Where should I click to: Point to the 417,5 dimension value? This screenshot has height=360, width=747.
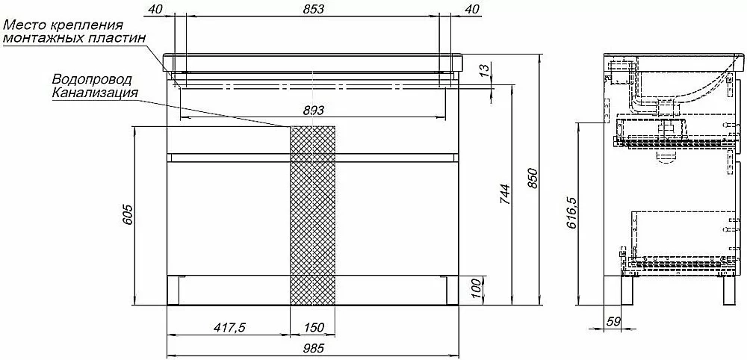click(x=229, y=328)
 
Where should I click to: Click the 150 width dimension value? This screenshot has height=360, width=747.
click(x=313, y=328)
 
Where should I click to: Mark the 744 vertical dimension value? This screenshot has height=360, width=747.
click(x=506, y=194)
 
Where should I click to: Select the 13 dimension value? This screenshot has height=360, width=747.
click(x=483, y=72)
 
